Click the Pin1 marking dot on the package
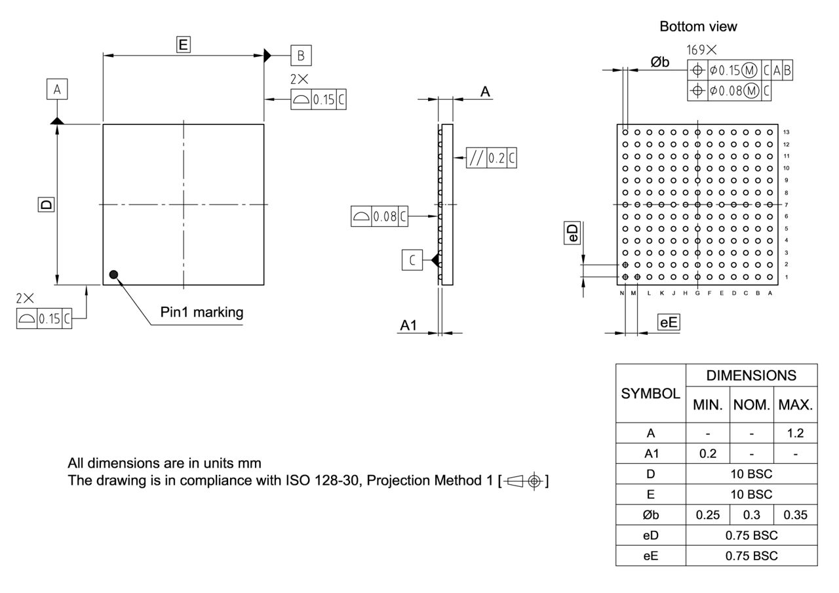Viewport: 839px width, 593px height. [x=114, y=275]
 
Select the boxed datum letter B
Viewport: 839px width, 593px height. [x=301, y=56]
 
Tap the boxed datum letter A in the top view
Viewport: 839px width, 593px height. [x=57, y=89]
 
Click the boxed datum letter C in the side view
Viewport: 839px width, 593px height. [x=412, y=260]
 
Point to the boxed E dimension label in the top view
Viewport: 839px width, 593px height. [x=184, y=45]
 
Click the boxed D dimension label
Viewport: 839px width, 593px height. [x=45, y=204]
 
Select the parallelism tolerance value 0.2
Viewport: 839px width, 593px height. [x=496, y=158]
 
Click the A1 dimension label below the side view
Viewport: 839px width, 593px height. [x=408, y=326]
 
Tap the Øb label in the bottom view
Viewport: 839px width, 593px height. [x=660, y=62]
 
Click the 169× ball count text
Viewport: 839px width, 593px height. [x=701, y=50]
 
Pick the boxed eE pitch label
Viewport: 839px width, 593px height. [x=669, y=322]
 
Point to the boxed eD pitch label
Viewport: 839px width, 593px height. [x=573, y=233]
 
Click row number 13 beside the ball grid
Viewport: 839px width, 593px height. [x=786, y=132]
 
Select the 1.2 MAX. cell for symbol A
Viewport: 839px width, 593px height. [x=795, y=433]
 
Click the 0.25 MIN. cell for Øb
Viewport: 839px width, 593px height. [x=708, y=514]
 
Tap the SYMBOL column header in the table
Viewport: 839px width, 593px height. [x=650, y=394]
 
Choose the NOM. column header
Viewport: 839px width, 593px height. [x=752, y=405]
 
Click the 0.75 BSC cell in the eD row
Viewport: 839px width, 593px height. [x=751, y=535]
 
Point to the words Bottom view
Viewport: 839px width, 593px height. [x=698, y=27]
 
